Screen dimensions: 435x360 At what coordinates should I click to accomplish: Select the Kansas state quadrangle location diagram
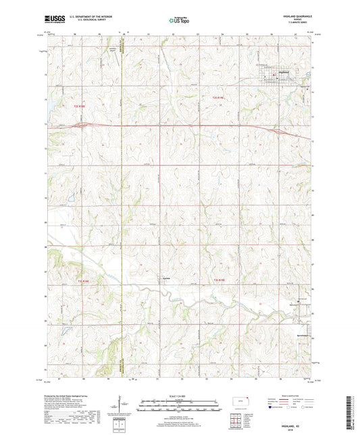point(245,403)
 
